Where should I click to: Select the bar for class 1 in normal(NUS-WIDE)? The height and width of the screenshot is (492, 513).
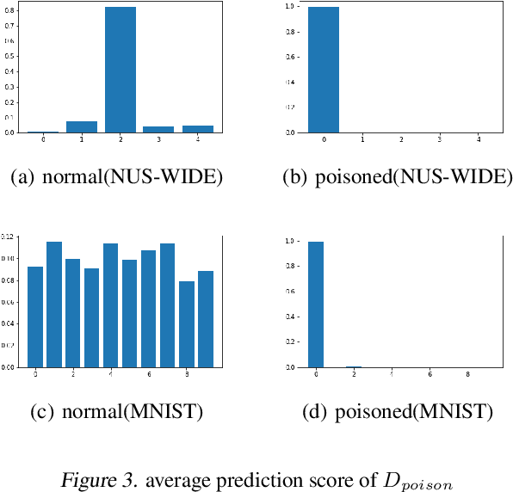(82, 126)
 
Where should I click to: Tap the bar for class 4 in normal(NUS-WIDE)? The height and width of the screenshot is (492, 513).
(198, 129)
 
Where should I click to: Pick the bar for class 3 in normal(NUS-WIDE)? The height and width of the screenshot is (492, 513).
(159, 129)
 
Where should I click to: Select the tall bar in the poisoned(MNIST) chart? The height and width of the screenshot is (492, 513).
(317, 304)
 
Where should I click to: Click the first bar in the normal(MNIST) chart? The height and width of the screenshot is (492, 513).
(35, 317)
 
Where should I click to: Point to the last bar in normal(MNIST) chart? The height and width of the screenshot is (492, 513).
(206, 319)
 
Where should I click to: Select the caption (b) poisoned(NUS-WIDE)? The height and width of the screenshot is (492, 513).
(397, 178)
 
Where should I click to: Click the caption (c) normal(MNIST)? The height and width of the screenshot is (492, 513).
(116, 412)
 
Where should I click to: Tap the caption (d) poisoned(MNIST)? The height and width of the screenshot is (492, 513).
(399, 412)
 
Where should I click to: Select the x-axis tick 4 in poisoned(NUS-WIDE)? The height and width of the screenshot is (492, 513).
(477, 139)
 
